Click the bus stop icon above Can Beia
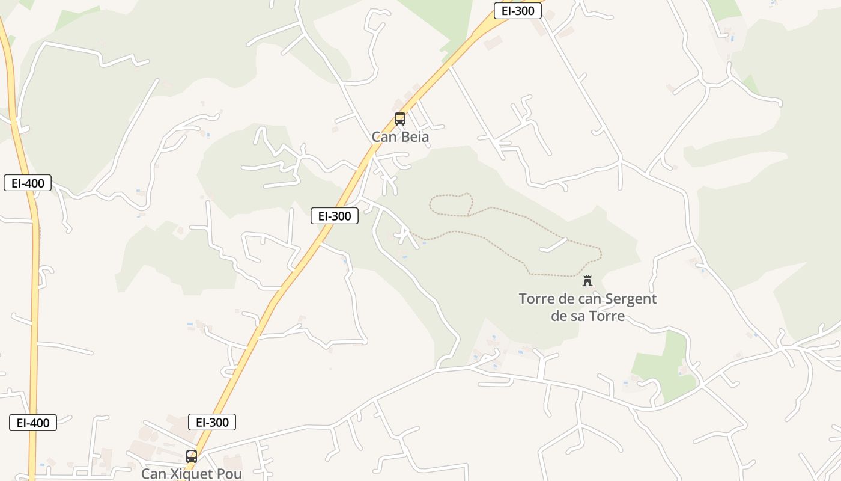[x=399, y=119]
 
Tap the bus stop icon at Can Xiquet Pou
[x=192, y=456]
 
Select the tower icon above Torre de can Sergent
[x=587, y=281]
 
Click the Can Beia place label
[x=400, y=137]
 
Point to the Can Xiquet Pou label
[x=192, y=474]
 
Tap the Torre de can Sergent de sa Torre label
[x=587, y=307]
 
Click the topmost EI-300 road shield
[x=518, y=11]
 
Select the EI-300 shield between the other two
[x=335, y=216]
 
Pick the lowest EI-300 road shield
[x=212, y=422]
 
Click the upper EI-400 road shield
[x=28, y=183]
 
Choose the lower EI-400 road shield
[x=33, y=423]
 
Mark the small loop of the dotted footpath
[x=450, y=204]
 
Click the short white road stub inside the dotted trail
[x=553, y=245]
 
